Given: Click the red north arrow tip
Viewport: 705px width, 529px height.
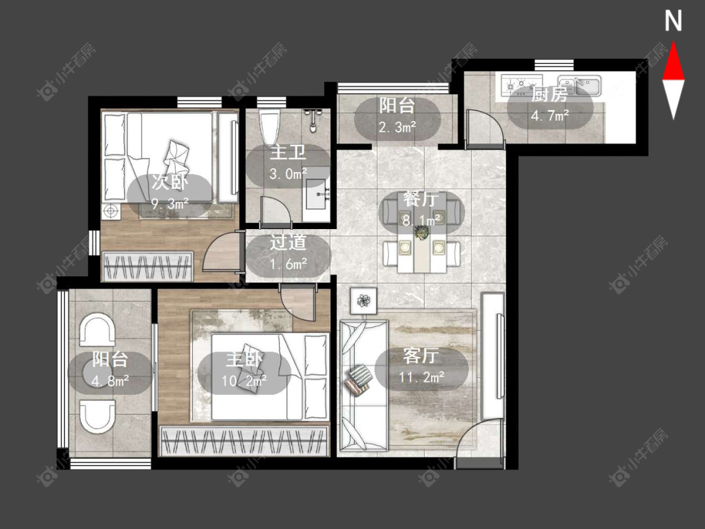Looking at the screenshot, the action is pyautogui.click(x=673, y=42).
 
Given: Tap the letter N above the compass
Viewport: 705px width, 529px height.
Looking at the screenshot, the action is pyautogui.click(x=673, y=21).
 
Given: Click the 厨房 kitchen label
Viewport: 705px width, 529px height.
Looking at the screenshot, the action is pyautogui.click(x=550, y=95).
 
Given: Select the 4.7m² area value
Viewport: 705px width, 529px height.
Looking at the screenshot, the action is pyautogui.click(x=550, y=116).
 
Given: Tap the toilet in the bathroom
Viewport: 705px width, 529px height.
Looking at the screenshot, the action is pyautogui.click(x=269, y=127).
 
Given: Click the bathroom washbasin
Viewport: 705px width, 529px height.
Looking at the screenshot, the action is pyautogui.click(x=318, y=195).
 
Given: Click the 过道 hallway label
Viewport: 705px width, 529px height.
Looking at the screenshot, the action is pyautogui.click(x=288, y=243).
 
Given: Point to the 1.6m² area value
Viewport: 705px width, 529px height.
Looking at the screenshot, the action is pyautogui.click(x=288, y=264).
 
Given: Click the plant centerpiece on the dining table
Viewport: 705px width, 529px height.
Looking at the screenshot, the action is pyautogui.click(x=422, y=233).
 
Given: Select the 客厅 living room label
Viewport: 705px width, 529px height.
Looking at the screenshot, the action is pyautogui.click(x=421, y=356).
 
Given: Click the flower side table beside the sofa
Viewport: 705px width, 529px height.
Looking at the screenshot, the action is pyautogui.click(x=363, y=300).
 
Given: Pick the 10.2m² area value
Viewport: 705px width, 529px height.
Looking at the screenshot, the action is pyautogui.click(x=243, y=380).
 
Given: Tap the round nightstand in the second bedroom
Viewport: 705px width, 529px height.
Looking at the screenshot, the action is pyautogui.click(x=111, y=210).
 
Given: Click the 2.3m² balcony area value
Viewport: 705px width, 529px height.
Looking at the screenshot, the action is pyautogui.click(x=397, y=127).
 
